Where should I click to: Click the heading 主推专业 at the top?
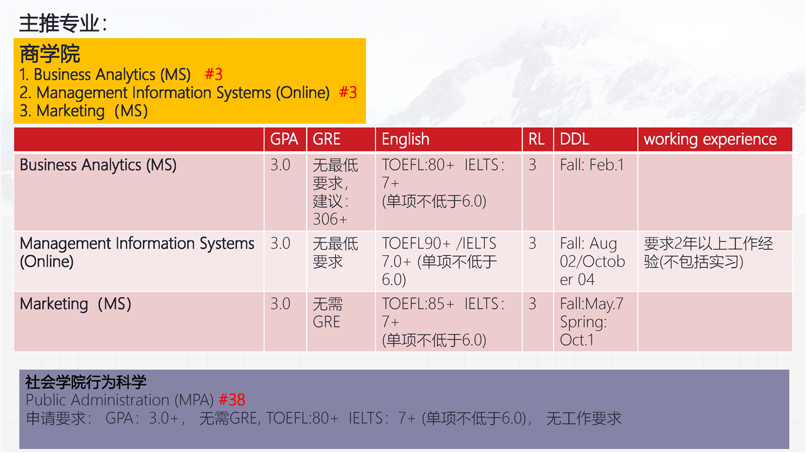(63, 23)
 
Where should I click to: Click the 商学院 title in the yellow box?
(50, 54)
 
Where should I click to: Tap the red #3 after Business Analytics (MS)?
(213, 74)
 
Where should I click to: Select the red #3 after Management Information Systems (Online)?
(348, 92)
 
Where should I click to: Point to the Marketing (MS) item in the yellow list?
(84, 111)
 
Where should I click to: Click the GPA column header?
(284, 139)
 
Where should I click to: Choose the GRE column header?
(326, 139)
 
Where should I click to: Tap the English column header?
(406, 140)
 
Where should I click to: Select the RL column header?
(536, 139)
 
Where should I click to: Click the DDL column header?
(574, 139)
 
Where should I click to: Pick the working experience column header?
(710, 140)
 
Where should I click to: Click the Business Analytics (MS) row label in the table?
(98, 165)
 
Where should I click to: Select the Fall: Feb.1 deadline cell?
(592, 165)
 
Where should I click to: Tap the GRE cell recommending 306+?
(336, 192)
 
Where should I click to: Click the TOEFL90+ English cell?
(440, 261)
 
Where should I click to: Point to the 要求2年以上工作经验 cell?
(708, 252)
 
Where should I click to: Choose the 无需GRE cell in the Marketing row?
(327, 313)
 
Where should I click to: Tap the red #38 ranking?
(232, 400)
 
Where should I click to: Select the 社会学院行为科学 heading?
(86, 382)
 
